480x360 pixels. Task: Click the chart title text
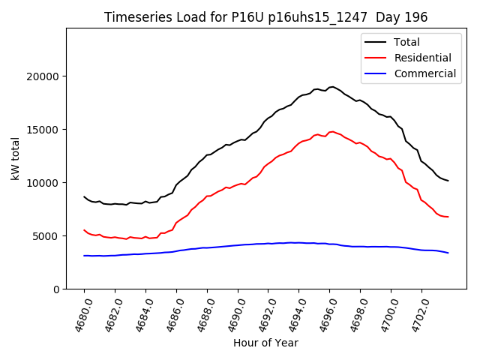click(266, 17)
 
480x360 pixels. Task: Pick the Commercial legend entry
click(424, 73)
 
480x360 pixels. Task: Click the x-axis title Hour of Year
click(265, 343)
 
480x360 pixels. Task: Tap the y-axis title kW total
click(16, 159)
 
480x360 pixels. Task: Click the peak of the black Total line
click(331, 87)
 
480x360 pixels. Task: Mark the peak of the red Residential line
click(331, 132)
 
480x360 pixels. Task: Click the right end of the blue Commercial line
click(448, 253)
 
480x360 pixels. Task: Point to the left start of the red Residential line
click(84, 230)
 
